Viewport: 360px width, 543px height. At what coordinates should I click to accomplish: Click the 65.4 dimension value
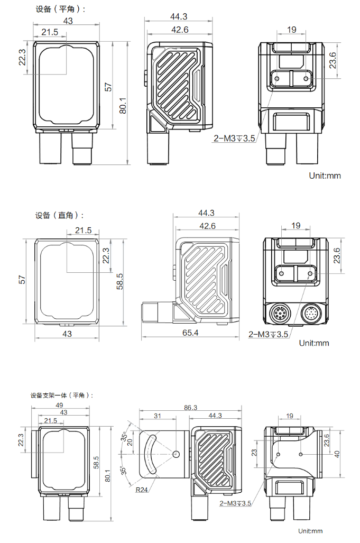pyautogui.click(x=190, y=333)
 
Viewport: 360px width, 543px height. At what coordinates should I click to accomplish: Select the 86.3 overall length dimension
pyautogui.click(x=190, y=408)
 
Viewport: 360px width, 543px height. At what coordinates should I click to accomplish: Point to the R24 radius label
pyautogui.click(x=142, y=490)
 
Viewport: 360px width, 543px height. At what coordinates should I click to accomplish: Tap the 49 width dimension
pyautogui.click(x=59, y=405)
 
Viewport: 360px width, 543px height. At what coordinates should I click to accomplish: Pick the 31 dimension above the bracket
pyautogui.click(x=158, y=416)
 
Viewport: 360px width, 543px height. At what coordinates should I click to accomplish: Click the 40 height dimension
pyautogui.click(x=337, y=454)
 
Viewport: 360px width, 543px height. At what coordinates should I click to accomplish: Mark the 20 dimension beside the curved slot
pyautogui.click(x=130, y=442)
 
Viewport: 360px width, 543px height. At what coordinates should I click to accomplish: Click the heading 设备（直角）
pyautogui.click(x=59, y=215)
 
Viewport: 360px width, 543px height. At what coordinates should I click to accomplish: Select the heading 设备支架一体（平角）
pyautogui.click(x=62, y=395)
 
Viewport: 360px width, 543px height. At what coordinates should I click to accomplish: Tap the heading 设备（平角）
pyautogui.click(x=60, y=9)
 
